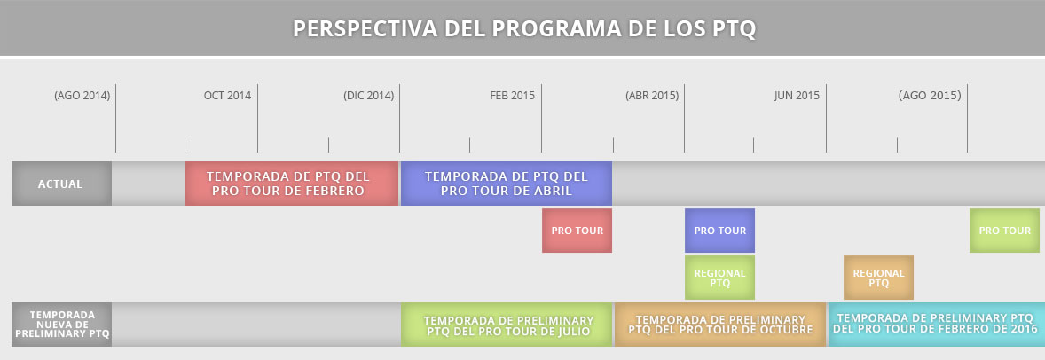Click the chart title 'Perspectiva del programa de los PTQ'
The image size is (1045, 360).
coord(524,28)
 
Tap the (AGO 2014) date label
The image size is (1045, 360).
coord(82,96)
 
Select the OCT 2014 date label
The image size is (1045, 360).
coord(227,96)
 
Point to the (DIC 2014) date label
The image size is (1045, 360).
coord(369,96)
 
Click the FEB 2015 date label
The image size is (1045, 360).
coord(513,96)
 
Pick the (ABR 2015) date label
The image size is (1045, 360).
coord(652,96)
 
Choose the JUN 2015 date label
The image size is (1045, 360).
coord(797,96)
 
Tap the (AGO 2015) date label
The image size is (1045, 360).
coord(930,96)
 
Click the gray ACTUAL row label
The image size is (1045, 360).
coord(61,184)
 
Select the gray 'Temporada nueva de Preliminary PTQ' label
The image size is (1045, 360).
coord(61,325)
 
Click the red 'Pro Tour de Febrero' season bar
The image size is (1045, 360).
coord(291,184)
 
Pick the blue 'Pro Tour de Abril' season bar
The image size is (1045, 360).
coord(506,184)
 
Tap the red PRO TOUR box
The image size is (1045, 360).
coord(577,231)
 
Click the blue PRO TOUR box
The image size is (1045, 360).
coord(719,231)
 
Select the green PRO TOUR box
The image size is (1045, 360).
coord(1004,231)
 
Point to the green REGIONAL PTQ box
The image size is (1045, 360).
coord(719,278)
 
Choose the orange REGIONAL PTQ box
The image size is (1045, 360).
coord(878,278)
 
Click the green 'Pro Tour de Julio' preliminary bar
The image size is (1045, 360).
coord(507,325)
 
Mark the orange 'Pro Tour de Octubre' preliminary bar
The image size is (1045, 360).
coord(719,325)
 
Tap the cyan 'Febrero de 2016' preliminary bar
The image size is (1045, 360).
coord(937,325)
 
